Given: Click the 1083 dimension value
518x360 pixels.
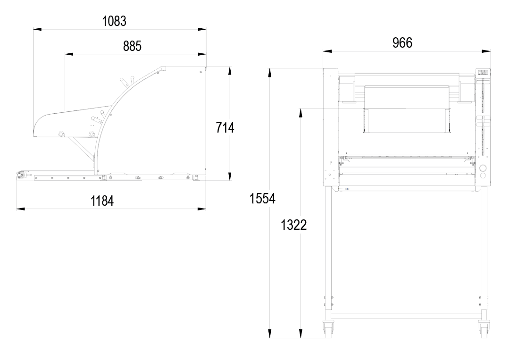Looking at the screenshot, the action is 114,21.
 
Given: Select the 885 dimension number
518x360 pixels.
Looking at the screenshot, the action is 132,46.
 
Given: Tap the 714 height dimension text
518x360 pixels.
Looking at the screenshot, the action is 225,128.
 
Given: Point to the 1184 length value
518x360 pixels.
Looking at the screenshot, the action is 102,201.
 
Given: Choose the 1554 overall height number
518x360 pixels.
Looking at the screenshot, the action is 262,199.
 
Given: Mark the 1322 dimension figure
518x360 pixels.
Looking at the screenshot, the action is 294,225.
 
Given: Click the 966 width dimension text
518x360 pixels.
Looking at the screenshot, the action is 402,43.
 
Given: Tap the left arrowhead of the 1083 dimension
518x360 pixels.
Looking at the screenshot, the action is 37,29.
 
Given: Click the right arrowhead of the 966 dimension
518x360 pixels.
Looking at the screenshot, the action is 486,51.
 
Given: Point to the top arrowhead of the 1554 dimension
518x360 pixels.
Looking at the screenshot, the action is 270,72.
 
